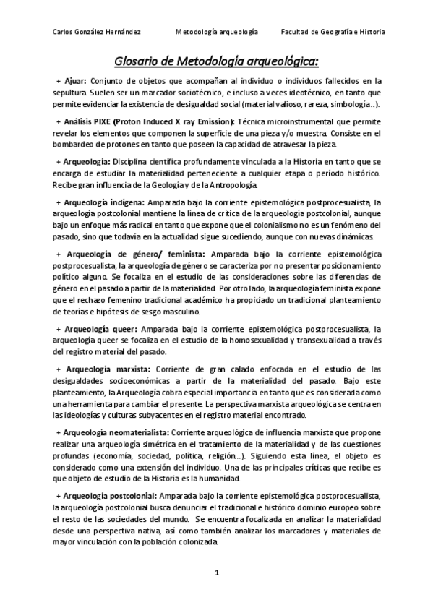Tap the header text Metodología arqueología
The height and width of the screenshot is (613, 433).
pyautogui.click(x=217, y=32)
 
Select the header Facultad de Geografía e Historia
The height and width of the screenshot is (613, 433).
pyautogui.click(x=333, y=32)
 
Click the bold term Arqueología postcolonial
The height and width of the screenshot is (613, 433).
pyautogui.click(x=110, y=497)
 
